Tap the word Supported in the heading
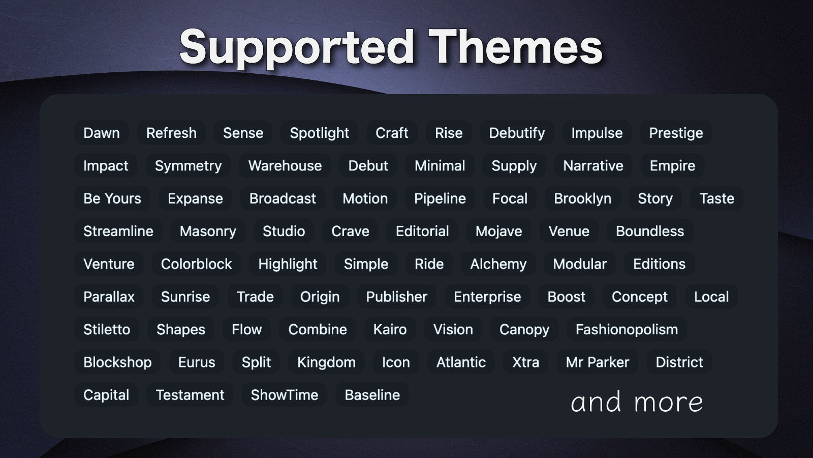(x=297, y=48)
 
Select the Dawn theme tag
(x=102, y=133)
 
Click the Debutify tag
(x=517, y=133)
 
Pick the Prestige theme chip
(x=676, y=133)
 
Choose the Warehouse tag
(x=285, y=165)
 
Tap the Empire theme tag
(x=672, y=165)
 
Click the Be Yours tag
(x=112, y=198)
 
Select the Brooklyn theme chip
(x=582, y=198)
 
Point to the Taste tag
(x=716, y=198)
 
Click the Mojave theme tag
(x=498, y=231)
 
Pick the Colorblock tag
(x=196, y=264)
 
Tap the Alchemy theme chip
(x=498, y=264)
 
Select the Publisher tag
(x=396, y=296)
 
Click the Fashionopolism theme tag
(x=627, y=329)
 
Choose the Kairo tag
(x=390, y=329)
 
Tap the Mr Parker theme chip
(x=598, y=362)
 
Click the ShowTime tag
(x=284, y=394)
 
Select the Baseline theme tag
(x=372, y=394)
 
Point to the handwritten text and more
(x=637, y=402)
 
